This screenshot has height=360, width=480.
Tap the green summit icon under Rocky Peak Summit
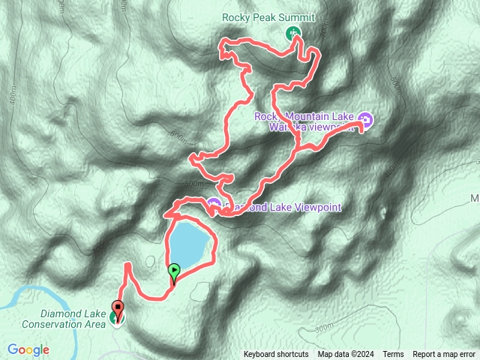coord(292,32)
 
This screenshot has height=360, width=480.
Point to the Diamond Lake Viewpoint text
coord(280,207)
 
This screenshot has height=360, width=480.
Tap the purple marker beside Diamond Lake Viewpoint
coord(214,204)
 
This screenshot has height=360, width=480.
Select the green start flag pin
coord(174,270)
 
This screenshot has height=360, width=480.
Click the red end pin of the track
coord(118,307)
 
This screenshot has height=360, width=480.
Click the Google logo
coord(28,349)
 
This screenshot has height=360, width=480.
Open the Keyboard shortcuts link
coord(275,355)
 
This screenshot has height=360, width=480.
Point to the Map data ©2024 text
coord(345,355)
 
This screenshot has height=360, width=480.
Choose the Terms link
coord(393,355)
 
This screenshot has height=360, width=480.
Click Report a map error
coord(444,355)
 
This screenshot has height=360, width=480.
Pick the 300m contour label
coord(324,328)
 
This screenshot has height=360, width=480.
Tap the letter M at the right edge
coord(474,199)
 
